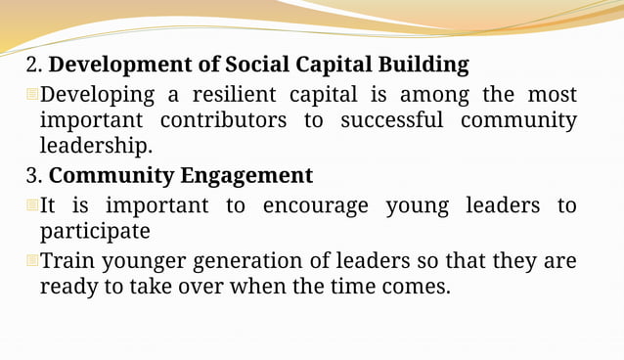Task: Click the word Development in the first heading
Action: tap(116, 66)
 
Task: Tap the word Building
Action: tap(425, 66)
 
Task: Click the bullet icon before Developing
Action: tap(31, 95)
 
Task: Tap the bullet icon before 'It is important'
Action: tap(31, 205)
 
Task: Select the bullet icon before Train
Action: tap(31, 261)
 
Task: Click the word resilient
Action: tap(235, 95)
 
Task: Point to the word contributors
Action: tap(224, 120)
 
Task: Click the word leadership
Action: tap(96, 147)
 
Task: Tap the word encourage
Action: tap(316, 206)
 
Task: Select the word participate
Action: tap(95, 232)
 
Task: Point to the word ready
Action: tap(67, 288)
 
